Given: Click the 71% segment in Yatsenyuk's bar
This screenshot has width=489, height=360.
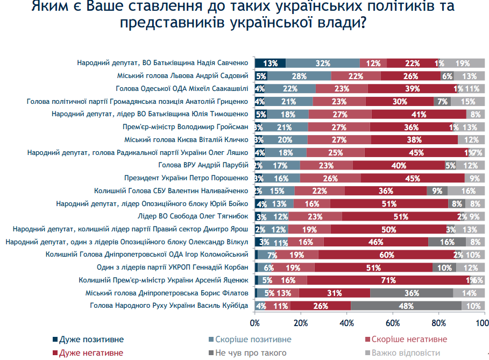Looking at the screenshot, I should click(x=387, y=280).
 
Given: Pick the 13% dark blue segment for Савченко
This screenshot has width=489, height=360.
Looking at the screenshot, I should click(x=270, y=63).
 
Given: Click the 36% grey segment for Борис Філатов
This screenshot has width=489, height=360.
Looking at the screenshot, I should click(x=412, y=293).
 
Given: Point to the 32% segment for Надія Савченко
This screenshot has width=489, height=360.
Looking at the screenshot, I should click(x=323, y=63).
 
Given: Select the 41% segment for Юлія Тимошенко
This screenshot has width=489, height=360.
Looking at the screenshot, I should click(x=419, y=114).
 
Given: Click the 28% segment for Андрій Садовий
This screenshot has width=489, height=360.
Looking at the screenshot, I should click(x=299, y=76).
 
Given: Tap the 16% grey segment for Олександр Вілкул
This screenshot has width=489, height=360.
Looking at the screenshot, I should click(x=446, y=242).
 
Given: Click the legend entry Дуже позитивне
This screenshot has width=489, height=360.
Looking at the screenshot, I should click(x=91, y=340).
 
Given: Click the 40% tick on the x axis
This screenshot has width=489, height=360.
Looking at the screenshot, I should click(x=346, y=323).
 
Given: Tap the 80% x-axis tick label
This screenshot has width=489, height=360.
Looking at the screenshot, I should click(x=438, y=323).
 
